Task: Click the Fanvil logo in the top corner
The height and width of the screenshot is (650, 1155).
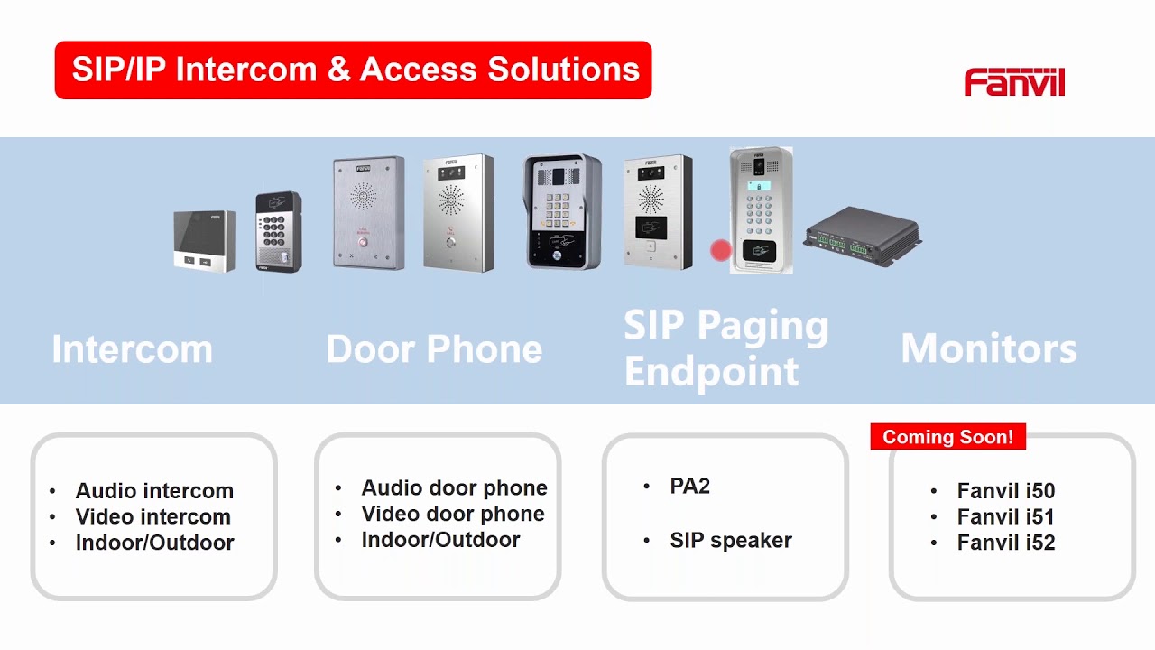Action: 1014,81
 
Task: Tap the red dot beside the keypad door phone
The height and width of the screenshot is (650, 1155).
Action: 720,250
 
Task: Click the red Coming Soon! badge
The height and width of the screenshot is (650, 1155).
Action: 947,436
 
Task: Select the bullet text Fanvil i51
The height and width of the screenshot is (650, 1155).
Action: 1005,516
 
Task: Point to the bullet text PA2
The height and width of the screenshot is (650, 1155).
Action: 689,486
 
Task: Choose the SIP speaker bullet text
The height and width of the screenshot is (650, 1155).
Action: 731,540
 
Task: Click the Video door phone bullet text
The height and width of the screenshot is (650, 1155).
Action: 453,514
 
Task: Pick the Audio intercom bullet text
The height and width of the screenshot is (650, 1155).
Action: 154,490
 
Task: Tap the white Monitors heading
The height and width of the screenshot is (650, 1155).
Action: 989,348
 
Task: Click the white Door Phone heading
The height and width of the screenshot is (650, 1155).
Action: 434,349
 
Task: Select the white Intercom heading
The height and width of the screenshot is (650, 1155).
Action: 132,349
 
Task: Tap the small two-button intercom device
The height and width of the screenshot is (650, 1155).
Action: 205,240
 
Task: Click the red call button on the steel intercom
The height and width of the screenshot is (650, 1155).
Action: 363,241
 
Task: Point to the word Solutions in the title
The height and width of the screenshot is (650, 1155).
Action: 564,70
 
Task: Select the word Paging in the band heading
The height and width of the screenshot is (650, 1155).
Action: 763,326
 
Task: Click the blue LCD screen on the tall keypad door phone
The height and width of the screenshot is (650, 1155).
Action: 759,186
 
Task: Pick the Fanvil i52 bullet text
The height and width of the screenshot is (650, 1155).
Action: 1006,543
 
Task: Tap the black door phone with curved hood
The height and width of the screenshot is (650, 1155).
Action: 562,211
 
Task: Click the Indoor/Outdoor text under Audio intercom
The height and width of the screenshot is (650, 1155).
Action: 154,543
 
